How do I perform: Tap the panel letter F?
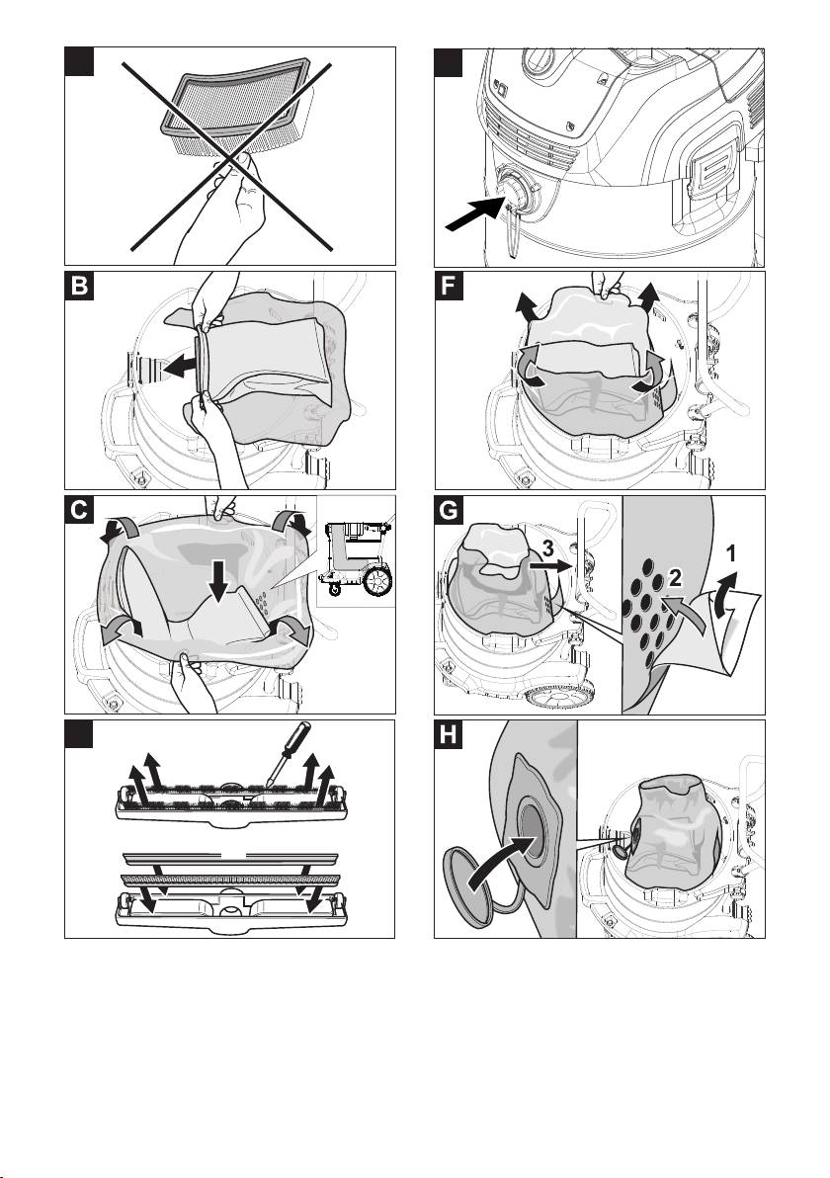point(450,291)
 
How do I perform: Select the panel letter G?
point(450,514)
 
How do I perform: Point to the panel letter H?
point(450,738)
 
